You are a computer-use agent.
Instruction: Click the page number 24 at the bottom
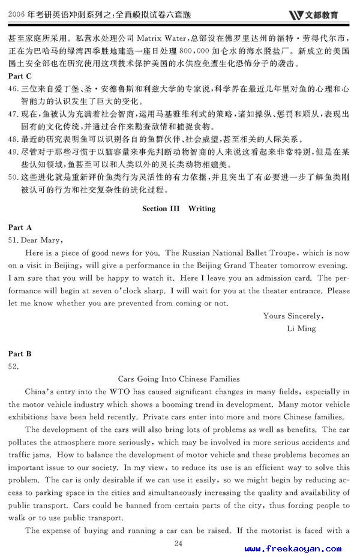tap(178, 543)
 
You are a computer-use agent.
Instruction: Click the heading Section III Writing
tap(179, 209)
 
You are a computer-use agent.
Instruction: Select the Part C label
tap(20, 76)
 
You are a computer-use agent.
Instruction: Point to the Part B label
tap(20, 354)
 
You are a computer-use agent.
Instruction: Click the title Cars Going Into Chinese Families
tap(179, 379)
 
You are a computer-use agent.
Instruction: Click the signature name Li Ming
tap(302, 328)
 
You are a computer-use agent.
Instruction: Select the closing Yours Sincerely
tap(293, 316)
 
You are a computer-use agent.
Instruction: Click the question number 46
tap(13, 89)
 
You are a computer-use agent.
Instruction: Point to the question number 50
tap(13, 178)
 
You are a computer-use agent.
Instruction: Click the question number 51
tap(13, 240)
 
